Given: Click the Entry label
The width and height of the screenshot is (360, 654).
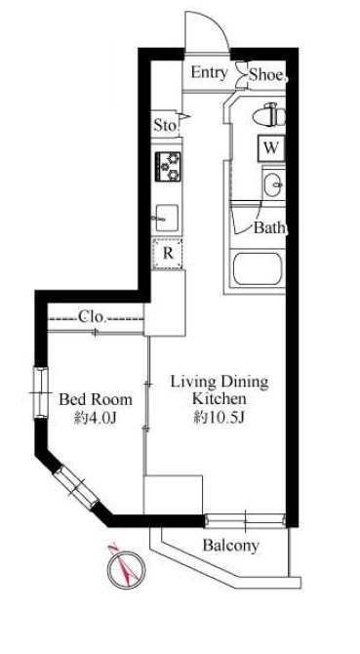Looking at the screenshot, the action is tap(210, 73).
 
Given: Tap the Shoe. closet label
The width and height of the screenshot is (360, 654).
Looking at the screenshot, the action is tap(268, 75).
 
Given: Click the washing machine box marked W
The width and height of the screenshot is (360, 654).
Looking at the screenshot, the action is tap(271, 148).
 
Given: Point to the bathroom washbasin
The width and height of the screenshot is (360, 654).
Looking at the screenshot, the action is tap(274, 184).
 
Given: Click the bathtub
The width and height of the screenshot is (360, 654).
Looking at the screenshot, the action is tap(258, 269).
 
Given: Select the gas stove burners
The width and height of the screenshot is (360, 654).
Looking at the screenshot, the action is tap(169, 166).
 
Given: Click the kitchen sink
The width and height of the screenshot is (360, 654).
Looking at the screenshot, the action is tap(167, 218).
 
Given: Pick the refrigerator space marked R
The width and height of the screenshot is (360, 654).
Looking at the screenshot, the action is tap(168, 253).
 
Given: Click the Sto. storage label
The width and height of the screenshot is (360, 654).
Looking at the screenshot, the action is tap(166, 125).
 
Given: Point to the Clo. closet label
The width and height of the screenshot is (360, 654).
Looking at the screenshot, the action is tap(92, 317).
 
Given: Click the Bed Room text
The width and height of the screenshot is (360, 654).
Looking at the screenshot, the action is tap(96, 399).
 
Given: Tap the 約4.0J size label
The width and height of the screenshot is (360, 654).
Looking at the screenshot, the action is tap(96, 418).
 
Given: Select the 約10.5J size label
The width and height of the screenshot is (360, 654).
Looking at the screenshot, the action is tap(219, 418).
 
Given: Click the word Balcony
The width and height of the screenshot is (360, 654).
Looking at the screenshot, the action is tap(231, 545).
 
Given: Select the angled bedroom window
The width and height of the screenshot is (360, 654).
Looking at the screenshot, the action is tap(76, 487).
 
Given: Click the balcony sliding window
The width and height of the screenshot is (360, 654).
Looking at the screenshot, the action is tap(246, 520).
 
